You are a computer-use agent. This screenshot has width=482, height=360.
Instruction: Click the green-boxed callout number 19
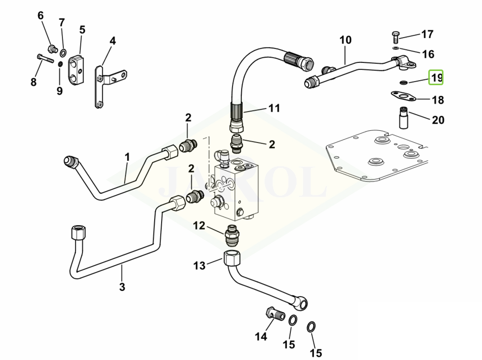[x=436, y=78]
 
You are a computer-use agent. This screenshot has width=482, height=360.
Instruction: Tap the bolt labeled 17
[x=396, y=37]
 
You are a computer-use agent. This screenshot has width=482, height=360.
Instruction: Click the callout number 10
[x=345, y=40]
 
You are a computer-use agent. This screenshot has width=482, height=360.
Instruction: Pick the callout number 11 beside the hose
[x=274, y=108]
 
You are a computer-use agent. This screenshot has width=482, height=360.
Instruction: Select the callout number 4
[x=113, y=41]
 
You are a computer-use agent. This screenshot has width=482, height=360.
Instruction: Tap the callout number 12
[x=199, y=226]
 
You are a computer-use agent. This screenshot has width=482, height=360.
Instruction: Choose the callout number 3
[x=122, y=287]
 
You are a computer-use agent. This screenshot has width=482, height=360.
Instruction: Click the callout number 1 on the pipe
[x=127, y=157]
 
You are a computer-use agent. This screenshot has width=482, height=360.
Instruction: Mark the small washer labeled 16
[x=395, y=48]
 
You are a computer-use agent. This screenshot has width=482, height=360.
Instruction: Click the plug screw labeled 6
[x=51, y=49]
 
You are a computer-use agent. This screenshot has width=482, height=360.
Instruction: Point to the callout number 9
[x=59, y=91]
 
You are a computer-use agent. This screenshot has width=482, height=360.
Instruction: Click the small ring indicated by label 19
[x=403, y=82]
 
